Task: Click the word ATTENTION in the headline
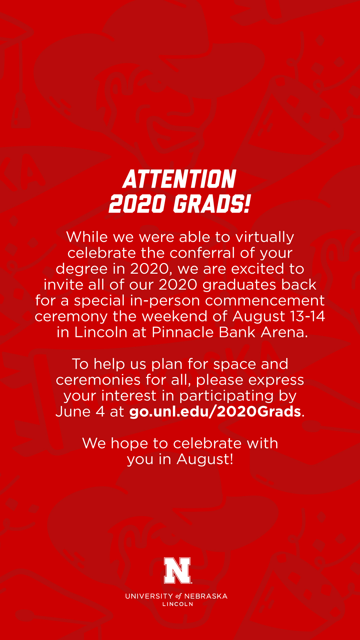coord(180,179)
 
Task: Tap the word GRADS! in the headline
coord(212,204)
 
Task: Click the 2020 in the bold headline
coord(137,204)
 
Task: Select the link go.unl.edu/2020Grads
coord(215,412)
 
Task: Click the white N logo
coord(177,570)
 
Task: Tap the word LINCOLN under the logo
coord(178,604)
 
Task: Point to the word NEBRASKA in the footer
coord(206,596)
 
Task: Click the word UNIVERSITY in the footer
coord(149,596)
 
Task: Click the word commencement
coord(265,301)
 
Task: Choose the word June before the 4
coord(73,411)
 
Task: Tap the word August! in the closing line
coord(205,460)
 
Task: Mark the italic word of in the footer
coord(179,596)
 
